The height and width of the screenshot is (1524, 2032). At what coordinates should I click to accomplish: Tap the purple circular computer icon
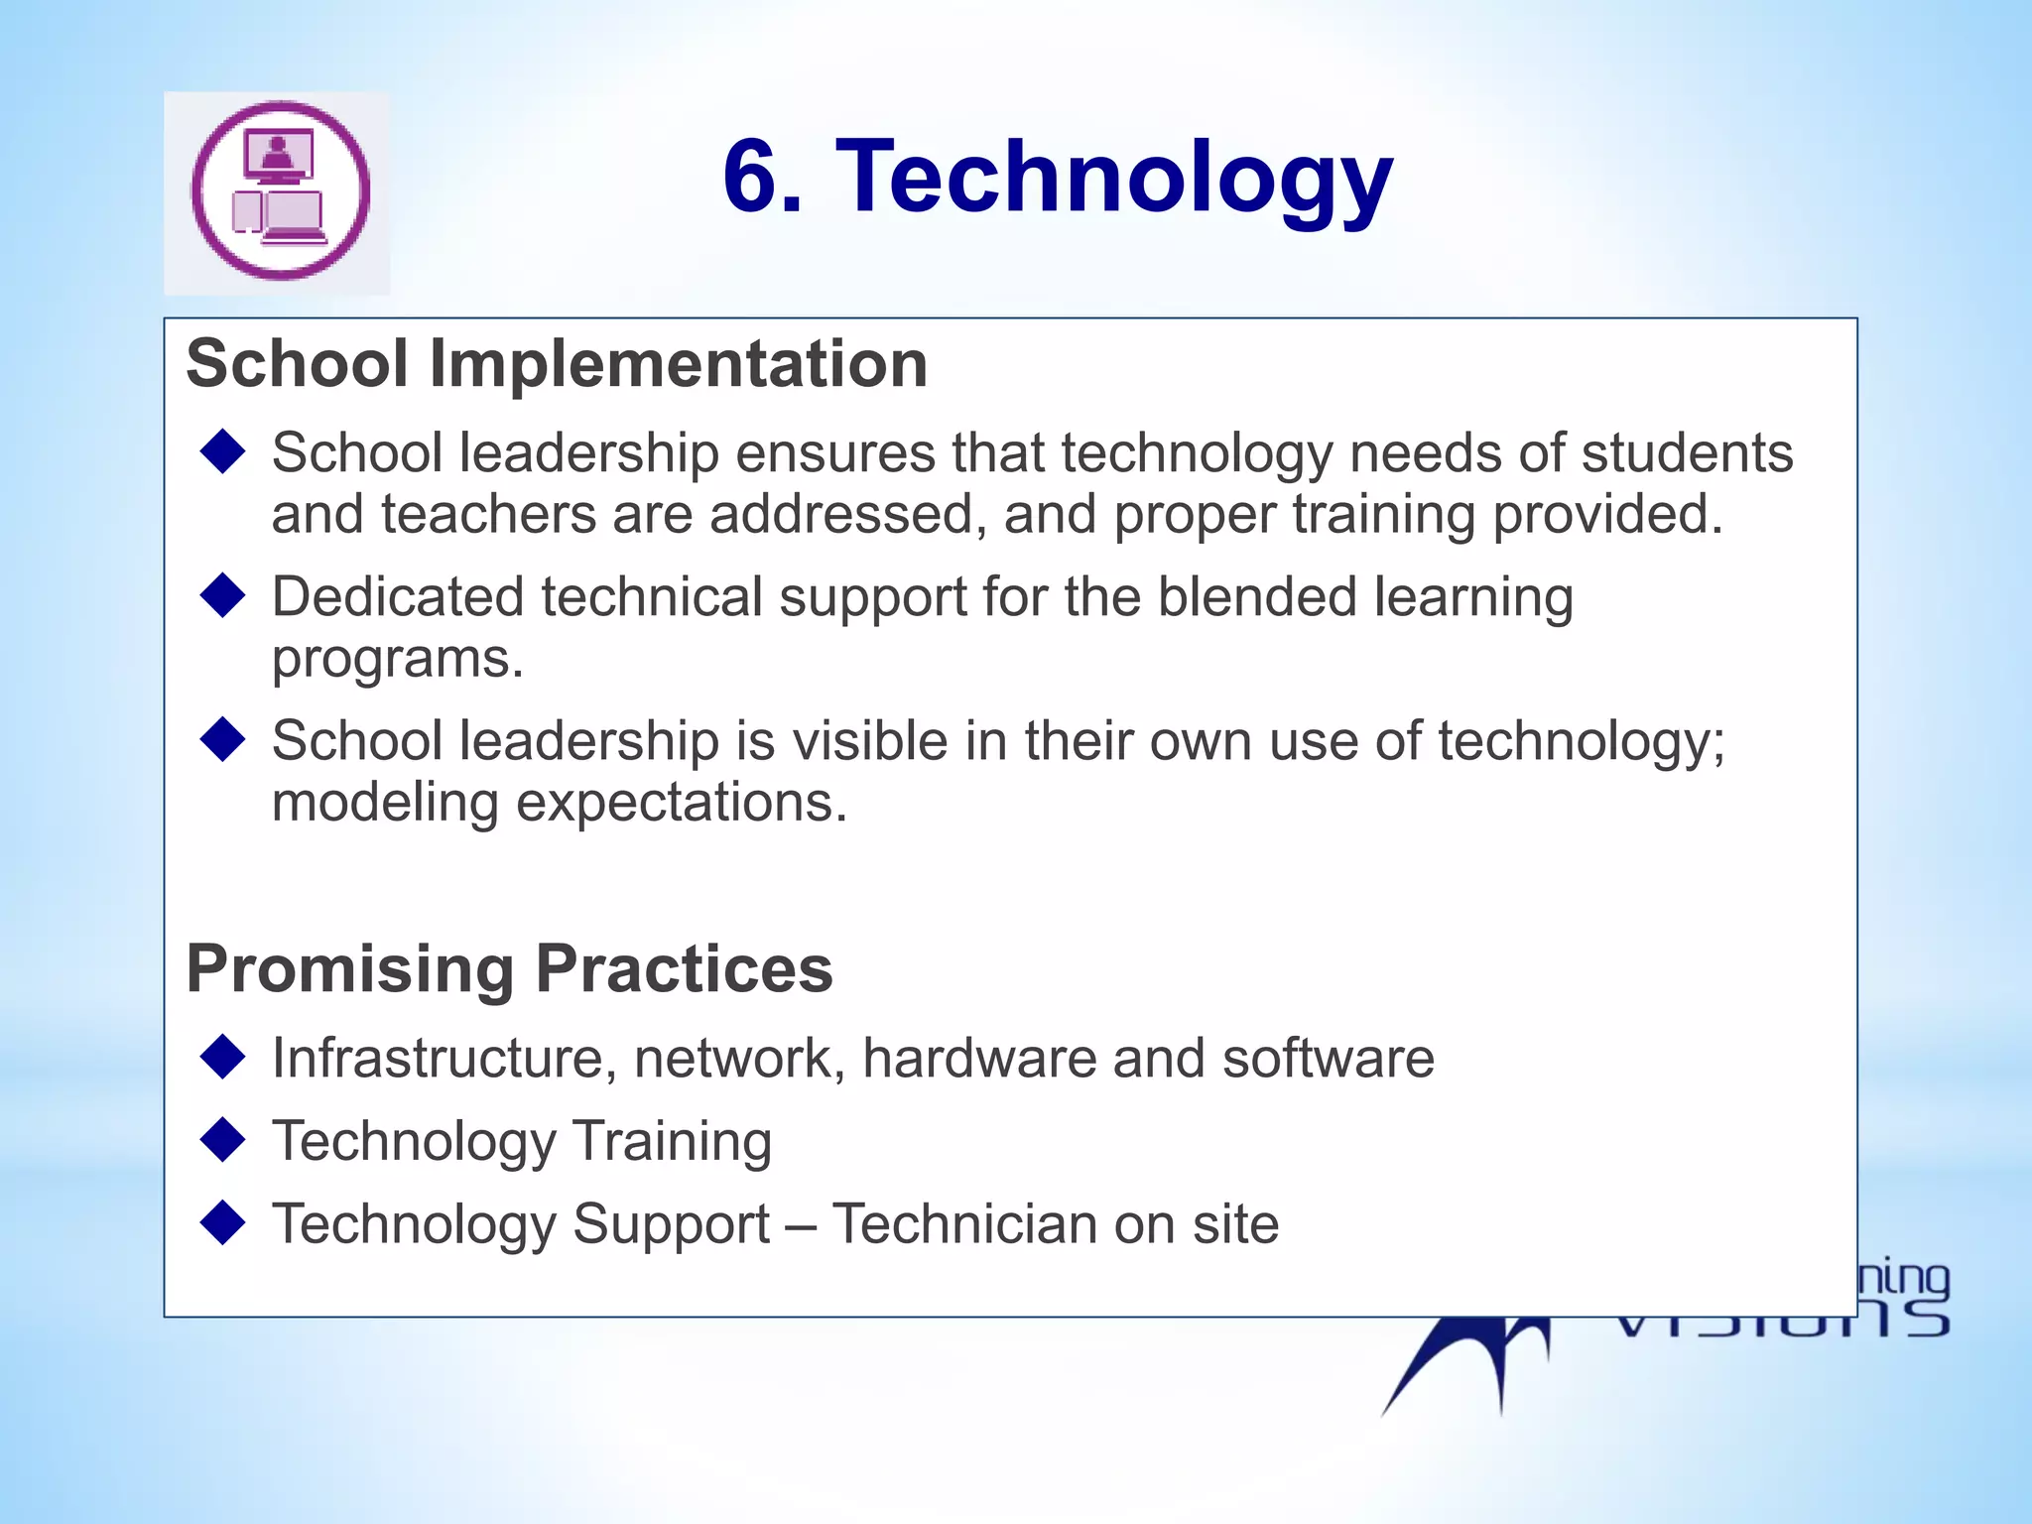point(281,191)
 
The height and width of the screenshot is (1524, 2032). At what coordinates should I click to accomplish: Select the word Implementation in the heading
point(679,364)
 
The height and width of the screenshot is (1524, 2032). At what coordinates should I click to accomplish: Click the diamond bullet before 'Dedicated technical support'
point(222,595)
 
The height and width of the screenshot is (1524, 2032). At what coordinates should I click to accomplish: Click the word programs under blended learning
point(397,659)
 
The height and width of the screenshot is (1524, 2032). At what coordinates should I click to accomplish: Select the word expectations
point(682,804)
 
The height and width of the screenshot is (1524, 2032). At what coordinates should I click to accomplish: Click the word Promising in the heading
point(350,969)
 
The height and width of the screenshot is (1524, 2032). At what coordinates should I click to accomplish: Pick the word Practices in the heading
point(685,969)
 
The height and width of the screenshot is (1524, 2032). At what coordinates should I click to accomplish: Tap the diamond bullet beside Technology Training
point(222,1139)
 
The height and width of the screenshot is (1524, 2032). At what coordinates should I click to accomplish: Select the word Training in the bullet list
point(672,1141)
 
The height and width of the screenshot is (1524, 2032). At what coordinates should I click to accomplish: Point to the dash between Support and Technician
point(801,1225)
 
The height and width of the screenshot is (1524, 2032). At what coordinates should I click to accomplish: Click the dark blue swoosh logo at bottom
point(1468,1364)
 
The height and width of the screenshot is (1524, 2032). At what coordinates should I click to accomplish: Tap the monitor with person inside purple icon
point(279,156)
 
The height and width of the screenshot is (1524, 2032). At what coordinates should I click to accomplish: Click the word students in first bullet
point(1687,453)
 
